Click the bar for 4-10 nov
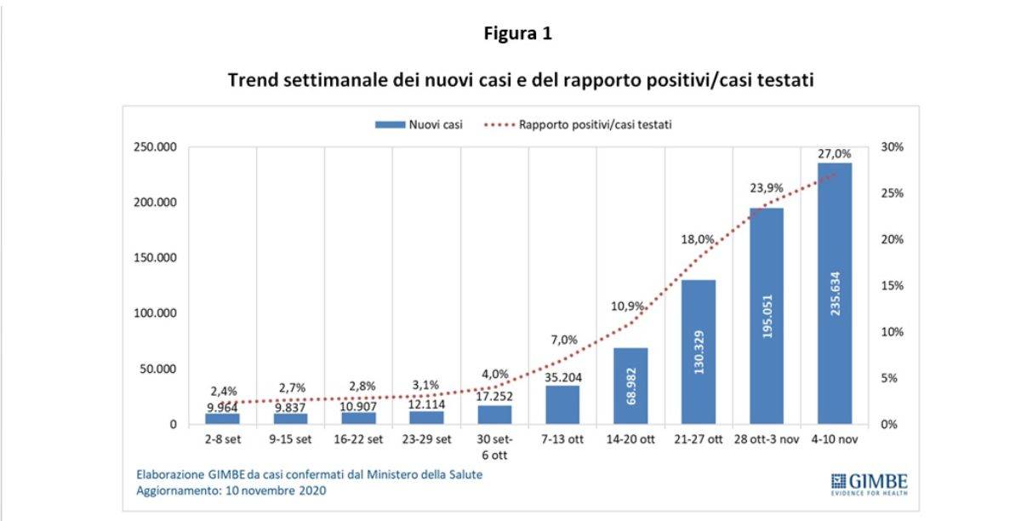(834, 294)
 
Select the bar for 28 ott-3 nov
(766, 316)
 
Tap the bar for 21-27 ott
(698, 352)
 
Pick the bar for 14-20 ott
(630, 386)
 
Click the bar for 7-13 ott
(562, 404)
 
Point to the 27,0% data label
(835, 154)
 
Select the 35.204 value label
(562, 377)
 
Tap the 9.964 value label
(222, 407)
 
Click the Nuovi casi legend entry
(419, 125)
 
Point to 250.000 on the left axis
(155, 147)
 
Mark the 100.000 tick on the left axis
(155, 313)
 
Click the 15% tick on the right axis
(893, 286)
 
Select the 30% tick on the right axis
(893, 147)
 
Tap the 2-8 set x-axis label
(222, 439)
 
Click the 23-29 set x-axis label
(426, 439)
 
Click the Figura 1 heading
(517, 34)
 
